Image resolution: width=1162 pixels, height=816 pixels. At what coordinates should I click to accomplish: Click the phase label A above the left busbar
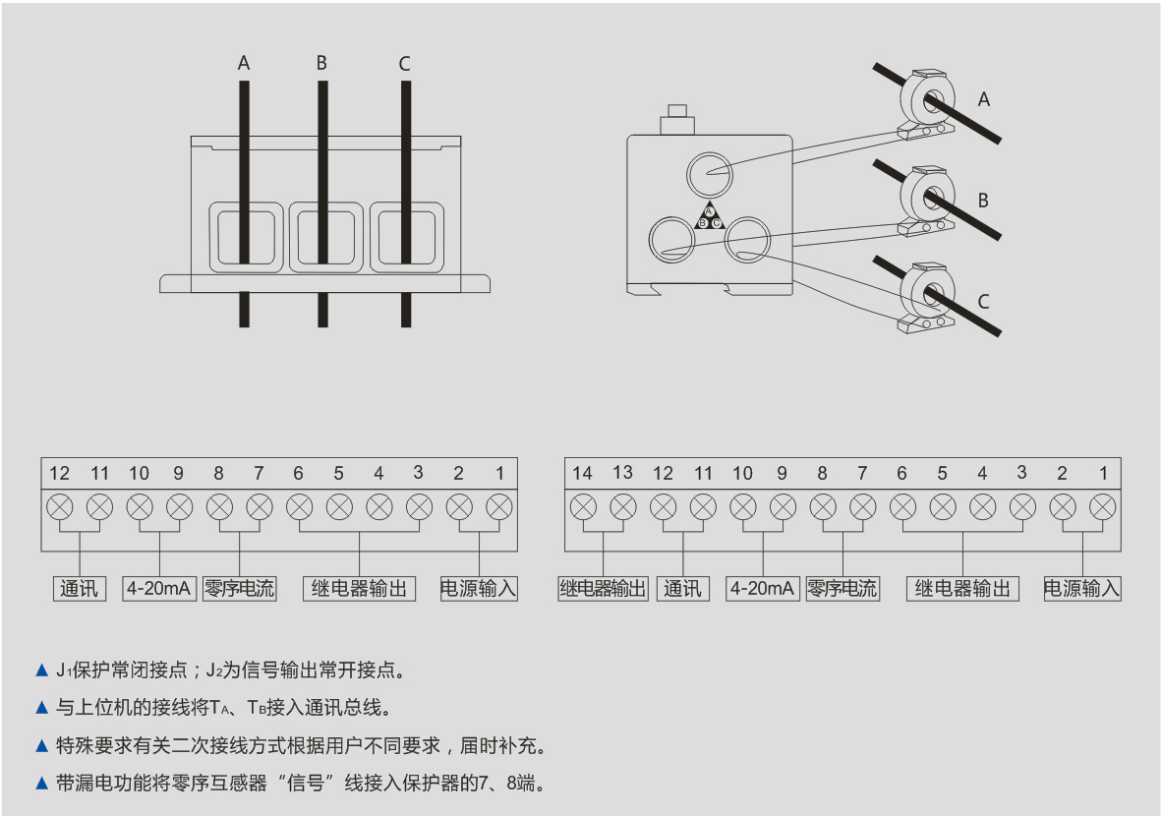tap(244, 64)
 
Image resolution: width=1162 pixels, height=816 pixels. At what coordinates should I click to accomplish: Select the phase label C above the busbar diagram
tap(404, 64)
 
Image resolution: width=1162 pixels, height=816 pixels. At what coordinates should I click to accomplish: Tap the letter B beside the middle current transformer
tap(982, 201)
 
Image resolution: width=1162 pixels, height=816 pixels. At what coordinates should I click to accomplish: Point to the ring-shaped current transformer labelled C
tap(930, 293)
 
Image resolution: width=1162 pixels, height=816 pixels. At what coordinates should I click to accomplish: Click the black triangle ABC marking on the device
tap(709, 216)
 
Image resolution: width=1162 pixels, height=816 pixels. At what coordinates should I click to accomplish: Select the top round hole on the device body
tap(708, 175)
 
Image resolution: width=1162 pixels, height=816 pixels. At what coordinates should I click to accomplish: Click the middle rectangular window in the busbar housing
tap(321, 237)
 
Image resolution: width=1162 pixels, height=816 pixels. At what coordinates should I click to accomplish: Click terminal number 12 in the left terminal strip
tap(60, 474)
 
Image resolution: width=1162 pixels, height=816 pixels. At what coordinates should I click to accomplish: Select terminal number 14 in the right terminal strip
tap(583, 474)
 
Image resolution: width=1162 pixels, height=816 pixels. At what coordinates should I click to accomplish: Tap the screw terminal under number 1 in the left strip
tap(499, 507)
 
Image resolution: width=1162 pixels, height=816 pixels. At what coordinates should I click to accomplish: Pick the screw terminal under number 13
tap(623, 507)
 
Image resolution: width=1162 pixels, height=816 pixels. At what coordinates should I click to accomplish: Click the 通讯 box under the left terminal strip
tap(80, 589)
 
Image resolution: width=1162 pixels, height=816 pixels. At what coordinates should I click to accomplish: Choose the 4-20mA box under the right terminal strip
tap(762, 589)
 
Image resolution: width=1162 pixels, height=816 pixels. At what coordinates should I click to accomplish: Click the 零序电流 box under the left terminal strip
tap(239, 589)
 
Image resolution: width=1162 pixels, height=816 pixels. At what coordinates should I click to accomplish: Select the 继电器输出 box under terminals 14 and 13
tap(603, 589)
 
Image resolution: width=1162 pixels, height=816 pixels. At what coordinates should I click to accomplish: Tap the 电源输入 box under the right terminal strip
tap(1081, 589)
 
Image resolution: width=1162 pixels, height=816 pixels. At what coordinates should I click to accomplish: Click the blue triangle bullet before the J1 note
tap(41, 670)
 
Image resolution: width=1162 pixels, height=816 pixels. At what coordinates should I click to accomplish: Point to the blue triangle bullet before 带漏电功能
tap(41, 784)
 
